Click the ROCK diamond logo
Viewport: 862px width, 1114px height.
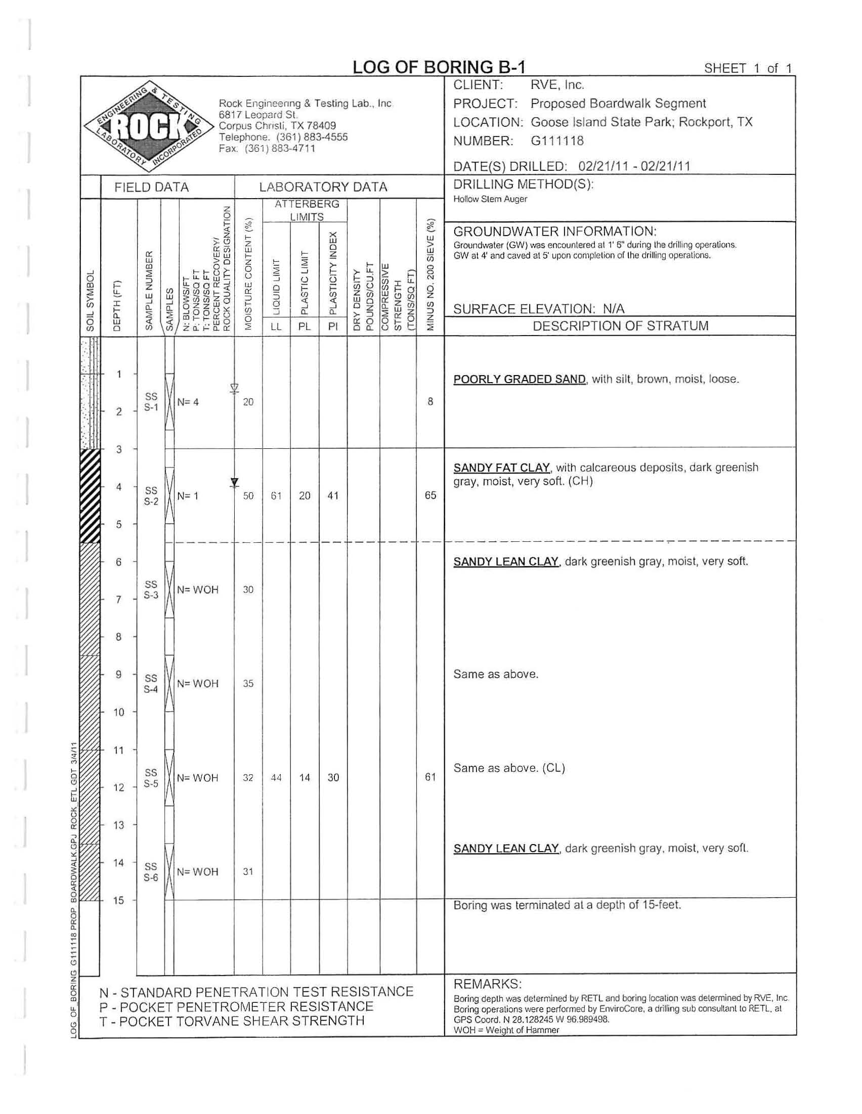pyautogui.click(x=149, y=125)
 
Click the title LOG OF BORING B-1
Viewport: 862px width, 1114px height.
pyautogui.click(x=439, y=67)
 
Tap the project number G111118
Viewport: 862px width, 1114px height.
pyautogui.click(x=557, y=141)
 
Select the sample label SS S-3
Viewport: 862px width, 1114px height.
pyautogui.click(x=151, y=589)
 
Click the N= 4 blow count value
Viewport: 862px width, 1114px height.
pyautogui.click(x=188, y=402)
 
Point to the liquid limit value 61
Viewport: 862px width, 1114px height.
pyautogui.click(x=276, y=495)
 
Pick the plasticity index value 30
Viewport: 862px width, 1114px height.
pyautogui.click(x=333, y=777)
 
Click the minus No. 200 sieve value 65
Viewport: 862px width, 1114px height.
pyautogui.click(x=430, y=495)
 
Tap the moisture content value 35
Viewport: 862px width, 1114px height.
pyautogui.click(x=248, y=683)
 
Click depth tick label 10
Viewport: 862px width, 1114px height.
pyautogui.click(x=118, y=712)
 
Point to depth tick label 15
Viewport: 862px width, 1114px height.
pyautogui.click(x=118, y=900)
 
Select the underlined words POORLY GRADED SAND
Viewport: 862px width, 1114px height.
pyautogui.click(x=519, y=379)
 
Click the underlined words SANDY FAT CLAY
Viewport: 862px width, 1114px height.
pyautogui.click(x=502, y=467)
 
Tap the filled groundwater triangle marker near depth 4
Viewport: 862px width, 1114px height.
pyautogui.click(x=234, y=482)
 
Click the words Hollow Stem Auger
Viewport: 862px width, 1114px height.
pyautogui.click(x=490, y=199)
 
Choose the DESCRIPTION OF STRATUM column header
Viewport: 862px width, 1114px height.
pyautogui.click(x=620, y=326)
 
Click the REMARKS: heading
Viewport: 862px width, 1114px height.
pyautogui.click(x=487, y=984)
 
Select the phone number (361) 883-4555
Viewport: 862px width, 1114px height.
pyautogui.click(x=312, y=136)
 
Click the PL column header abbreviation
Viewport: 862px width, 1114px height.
pyautogui.click(x=304, y=327)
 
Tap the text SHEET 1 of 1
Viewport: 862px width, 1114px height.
pyautogui.click(x=748, y=68)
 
